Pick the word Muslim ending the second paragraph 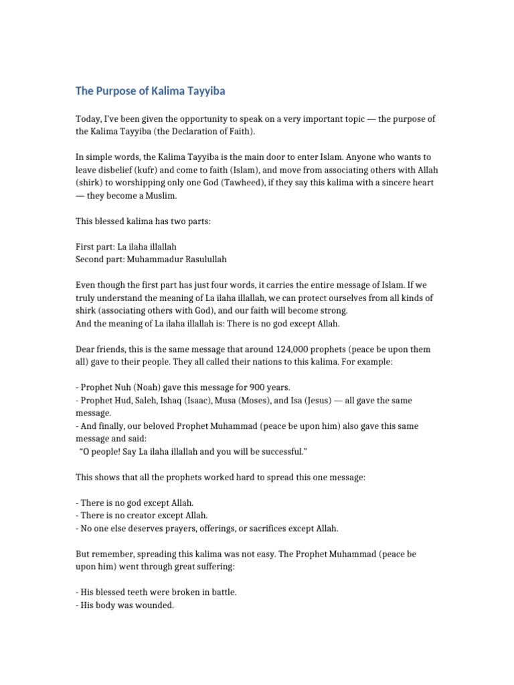pyautogui.click(x=181, y=195)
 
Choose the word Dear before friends pyautogui.click(x=86, y=349)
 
